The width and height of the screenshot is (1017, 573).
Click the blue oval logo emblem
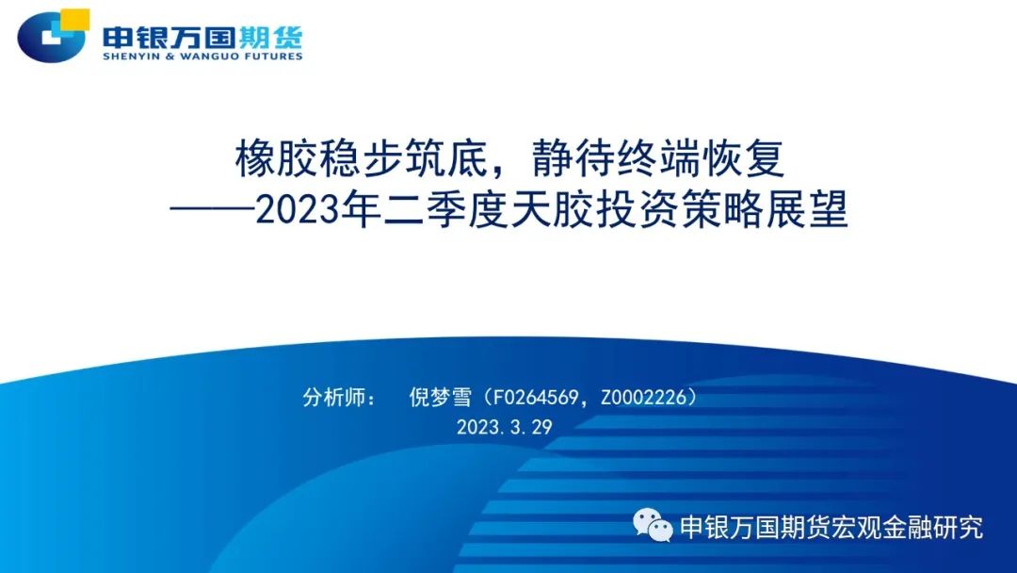click(x=51, y=38)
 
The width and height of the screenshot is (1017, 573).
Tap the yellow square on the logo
click(x=74, y=20)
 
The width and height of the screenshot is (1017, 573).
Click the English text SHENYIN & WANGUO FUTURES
click(x=202, y=57)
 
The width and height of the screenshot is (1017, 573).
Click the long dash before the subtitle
click(x=213, y=210)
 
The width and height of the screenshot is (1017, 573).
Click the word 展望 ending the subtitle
click(x=807, y=210)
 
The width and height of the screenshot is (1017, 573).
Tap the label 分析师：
click(x=338, y=397)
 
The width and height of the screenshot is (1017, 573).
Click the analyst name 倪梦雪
click(x=441, y=397)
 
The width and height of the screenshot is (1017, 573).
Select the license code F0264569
click(x=535, y=397)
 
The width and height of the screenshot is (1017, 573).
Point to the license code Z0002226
click(x=643, y=397)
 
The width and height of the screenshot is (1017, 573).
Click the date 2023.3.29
click(x=504, y=426)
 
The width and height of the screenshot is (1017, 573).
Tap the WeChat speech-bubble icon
click(x=654, y=525)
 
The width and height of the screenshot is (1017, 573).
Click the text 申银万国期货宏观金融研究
click(x=831, y=527)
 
